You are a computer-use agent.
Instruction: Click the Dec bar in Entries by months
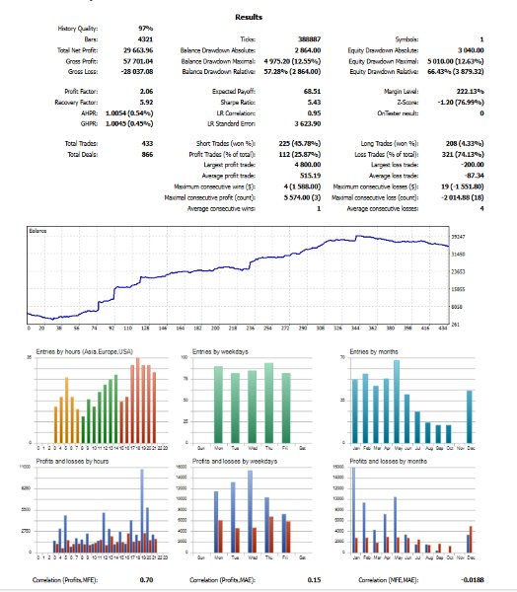click(x=471, y=415)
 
